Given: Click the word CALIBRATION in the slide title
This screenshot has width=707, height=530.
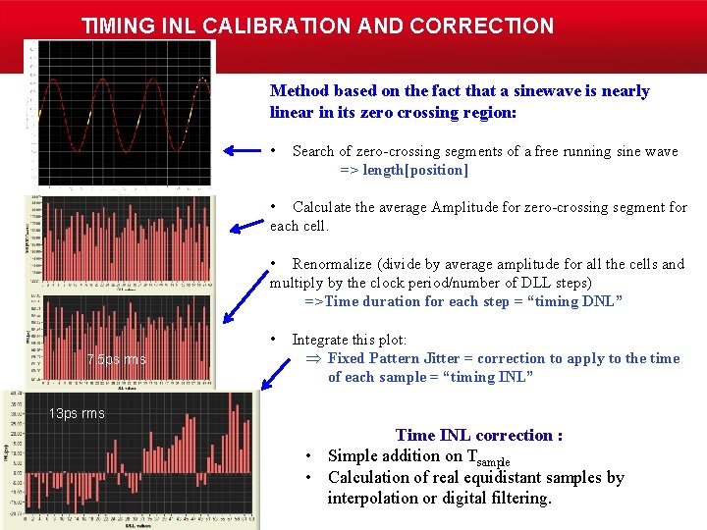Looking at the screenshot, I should tap(258, 26).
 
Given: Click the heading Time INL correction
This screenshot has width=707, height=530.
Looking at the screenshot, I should tap(478, 435).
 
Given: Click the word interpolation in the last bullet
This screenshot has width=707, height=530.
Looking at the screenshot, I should tap(374, 498).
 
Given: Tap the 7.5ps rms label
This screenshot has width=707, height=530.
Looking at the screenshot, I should tap(116, 359).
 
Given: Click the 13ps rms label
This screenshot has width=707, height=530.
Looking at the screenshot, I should tap(77, 413).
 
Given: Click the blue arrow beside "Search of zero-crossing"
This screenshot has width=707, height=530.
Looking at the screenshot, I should tap(240, 150).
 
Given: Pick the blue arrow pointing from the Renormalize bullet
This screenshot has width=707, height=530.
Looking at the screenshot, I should tap(240, 298).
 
